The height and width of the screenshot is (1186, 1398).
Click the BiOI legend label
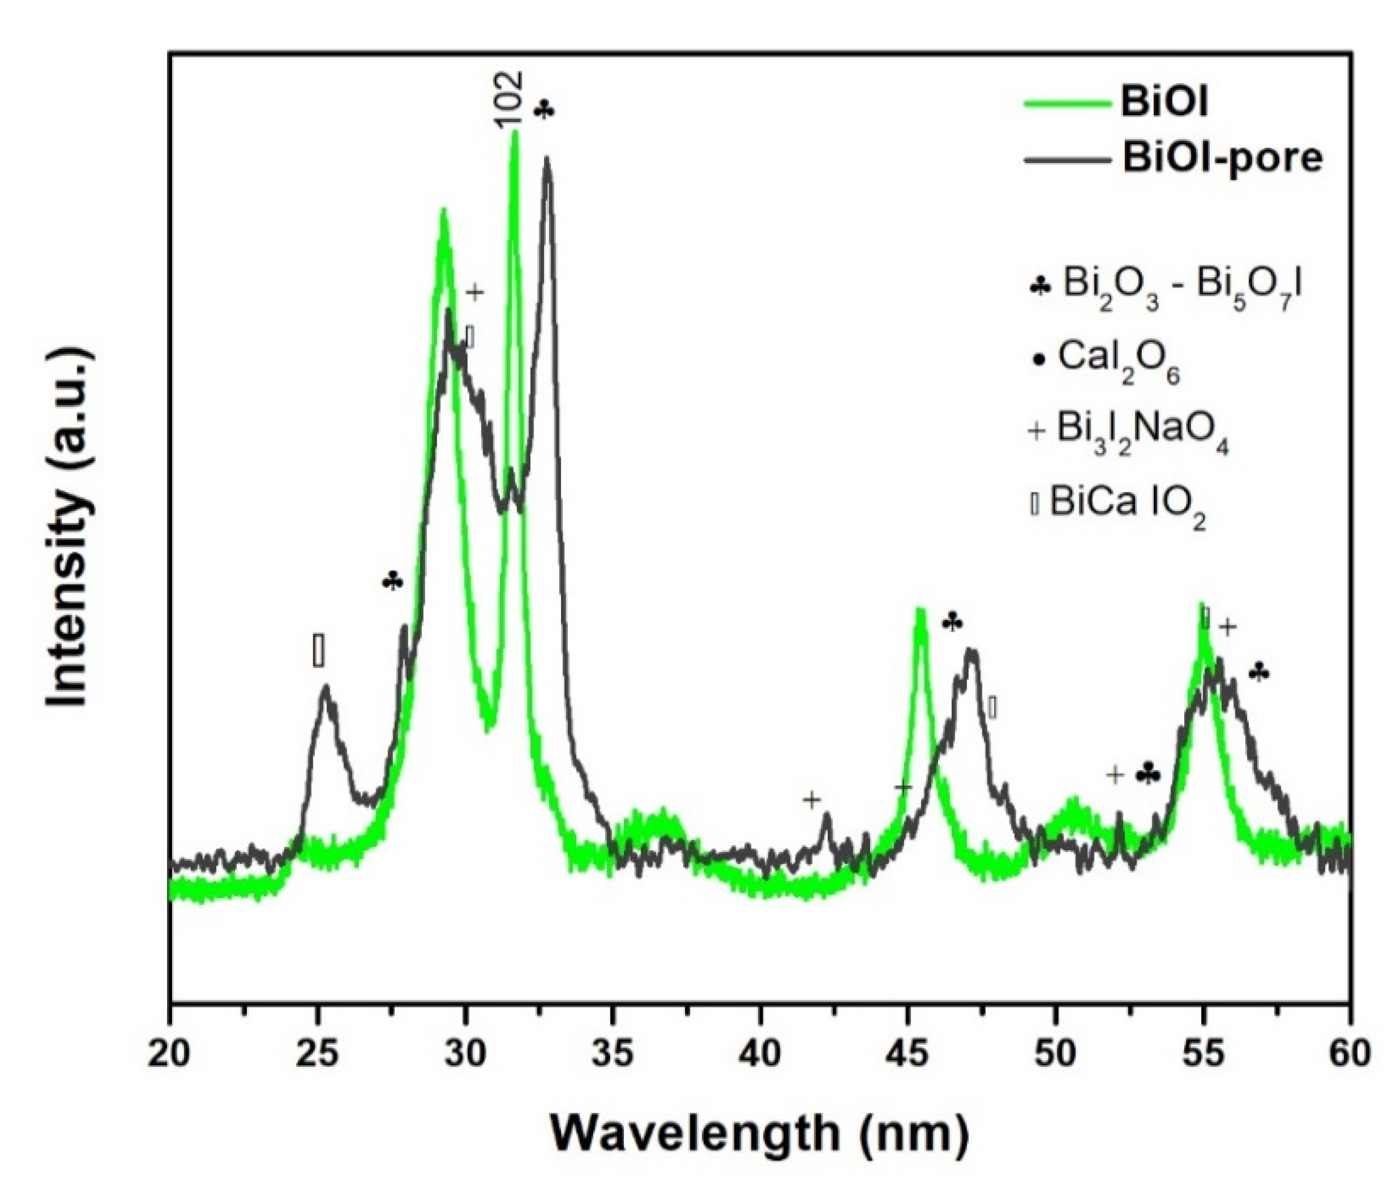1162,104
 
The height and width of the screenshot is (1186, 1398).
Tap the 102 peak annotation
509,100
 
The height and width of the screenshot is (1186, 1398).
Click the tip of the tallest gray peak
547,158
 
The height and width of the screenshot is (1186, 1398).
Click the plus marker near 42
812,800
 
